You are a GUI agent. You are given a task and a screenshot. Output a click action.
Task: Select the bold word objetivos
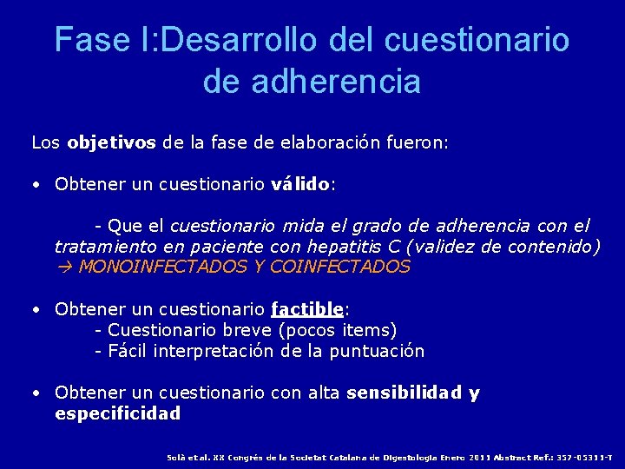pos(113,142)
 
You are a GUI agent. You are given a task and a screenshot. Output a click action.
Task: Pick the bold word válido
pos(300,184)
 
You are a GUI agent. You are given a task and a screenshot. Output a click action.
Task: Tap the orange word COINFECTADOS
pos(340,268)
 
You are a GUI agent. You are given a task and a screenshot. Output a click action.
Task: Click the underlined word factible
pos(307,309)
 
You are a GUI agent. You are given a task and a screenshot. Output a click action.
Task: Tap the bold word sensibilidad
pos(405,393)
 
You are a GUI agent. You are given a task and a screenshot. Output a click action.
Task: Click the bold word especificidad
pos(117,413)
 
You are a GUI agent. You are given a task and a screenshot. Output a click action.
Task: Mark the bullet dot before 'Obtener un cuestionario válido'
pos(36,185)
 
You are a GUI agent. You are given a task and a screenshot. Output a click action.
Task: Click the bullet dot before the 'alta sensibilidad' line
pos(36,393)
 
